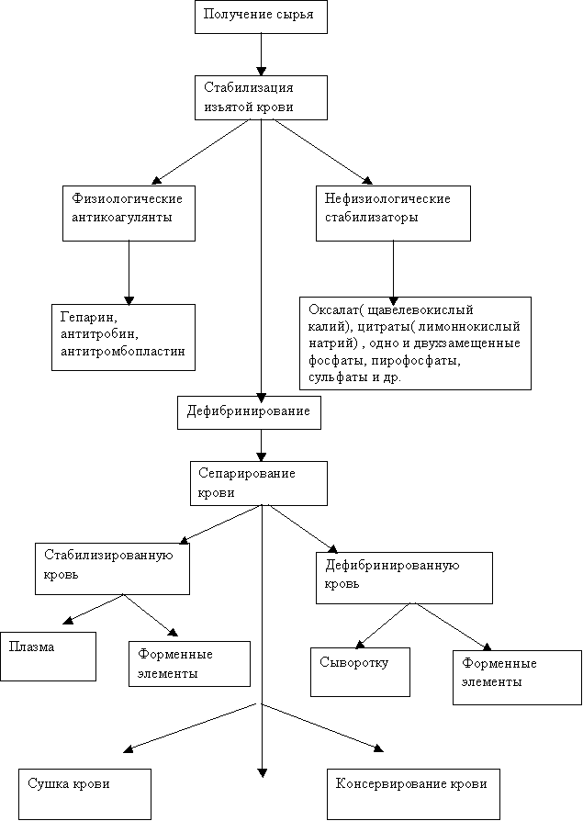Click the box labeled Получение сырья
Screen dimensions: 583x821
[x=261, y=17]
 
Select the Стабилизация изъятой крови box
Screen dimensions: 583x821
[x=261, y=98]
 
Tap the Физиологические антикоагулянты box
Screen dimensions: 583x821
[x=129, y=213]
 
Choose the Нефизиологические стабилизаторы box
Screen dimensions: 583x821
[x=393, y=213]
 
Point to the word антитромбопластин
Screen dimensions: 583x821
[x=123, y=351]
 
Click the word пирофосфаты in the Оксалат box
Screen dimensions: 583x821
[x=417, y=361]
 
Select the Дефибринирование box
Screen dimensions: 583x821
[x=249, y=412]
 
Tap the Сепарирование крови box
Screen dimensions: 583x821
[x=259, y=483]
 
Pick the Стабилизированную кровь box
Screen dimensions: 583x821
[x=113, y=568]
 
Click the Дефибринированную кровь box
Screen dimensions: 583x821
[x=405, y=578]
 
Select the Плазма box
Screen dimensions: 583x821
[x=48, y=657]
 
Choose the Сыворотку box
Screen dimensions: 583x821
[x=360, y=672]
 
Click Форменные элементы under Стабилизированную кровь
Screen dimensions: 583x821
[x=189, y=664]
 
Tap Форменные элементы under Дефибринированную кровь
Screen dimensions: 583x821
[x=518, y=678]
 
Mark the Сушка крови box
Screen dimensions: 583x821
[x=85, y=794]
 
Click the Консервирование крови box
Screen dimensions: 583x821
[x=413, y=794]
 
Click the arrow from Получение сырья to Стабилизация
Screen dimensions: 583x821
[x=261, y=54]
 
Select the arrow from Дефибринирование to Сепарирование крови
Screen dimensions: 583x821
[x=261, y=445]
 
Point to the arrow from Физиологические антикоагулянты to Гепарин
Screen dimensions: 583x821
[x=129, y=273]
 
